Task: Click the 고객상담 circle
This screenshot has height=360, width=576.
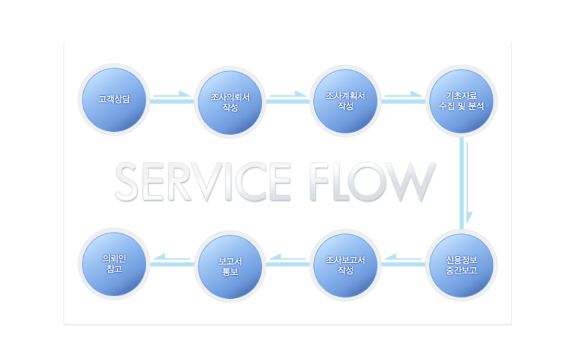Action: click(x=114, y=99)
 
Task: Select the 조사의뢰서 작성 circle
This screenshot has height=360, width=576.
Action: click(x=230, y=103)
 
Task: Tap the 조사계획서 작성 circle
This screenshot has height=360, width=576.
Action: click(x=345, y=101)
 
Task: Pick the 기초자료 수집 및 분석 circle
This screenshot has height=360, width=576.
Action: click(x=461, y=101)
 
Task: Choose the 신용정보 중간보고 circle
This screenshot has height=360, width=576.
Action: click(x=461, y=265)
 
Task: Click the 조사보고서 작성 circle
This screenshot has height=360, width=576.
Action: click(x=345, y=265)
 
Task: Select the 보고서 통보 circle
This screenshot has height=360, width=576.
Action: click(x=230, y=267)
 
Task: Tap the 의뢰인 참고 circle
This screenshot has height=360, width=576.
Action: click(x=114, y=264)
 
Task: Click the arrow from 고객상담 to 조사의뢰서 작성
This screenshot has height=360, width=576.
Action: click(x=172, y=95)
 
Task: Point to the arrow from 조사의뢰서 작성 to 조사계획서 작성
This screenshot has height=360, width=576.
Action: click(x=288, y=95)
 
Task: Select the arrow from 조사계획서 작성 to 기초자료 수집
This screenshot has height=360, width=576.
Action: click(x=403, y=95)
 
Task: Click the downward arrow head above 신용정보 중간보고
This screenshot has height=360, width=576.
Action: click(x=469, y=217)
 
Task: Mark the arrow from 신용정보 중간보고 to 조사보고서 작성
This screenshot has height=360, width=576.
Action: click(x=403, y=257)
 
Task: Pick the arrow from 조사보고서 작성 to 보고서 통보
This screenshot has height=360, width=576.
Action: click(x=287, y=257)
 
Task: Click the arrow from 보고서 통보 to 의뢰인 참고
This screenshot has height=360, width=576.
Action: click(x=172, y=257)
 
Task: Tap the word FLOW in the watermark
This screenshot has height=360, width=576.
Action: click(x=372, y=182)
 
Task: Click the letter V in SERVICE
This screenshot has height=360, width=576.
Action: click(x=208, y=182)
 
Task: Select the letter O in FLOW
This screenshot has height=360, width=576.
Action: click(x=366, y=182)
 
